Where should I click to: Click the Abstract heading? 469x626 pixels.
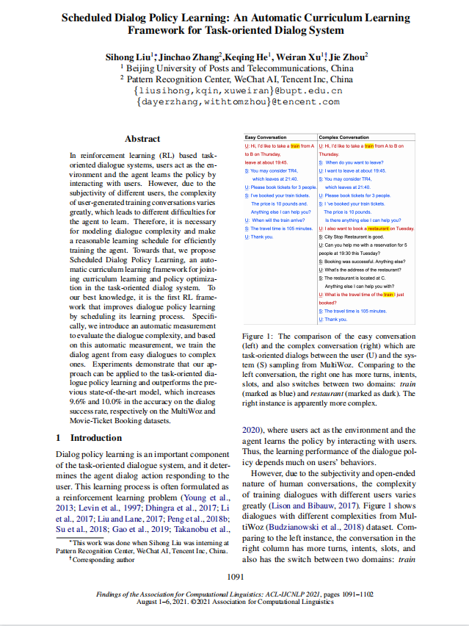[x=142, y=139]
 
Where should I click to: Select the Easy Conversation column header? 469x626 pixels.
[x=265, y=137]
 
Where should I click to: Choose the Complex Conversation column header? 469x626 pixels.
[x=344, y=137]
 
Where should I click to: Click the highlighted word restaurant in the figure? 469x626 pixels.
[x=378, y=229]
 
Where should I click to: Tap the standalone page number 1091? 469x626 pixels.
[x=235, y=578]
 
